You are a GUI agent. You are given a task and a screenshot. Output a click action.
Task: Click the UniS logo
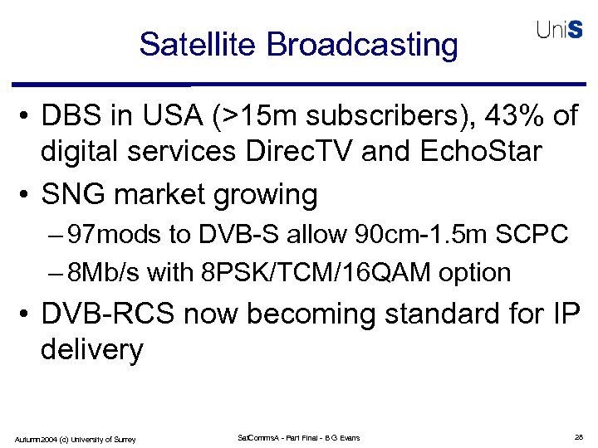click(x=559, y=31)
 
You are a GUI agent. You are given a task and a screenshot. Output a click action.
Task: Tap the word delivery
click(x=91, y=350)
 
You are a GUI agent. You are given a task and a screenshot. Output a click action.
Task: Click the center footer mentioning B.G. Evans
click(x=298, y=437)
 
